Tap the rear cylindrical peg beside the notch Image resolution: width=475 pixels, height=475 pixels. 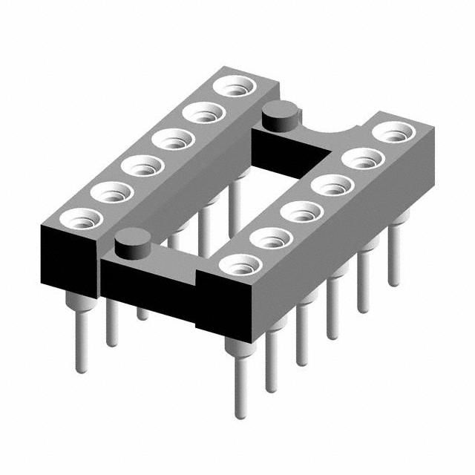(281, 114)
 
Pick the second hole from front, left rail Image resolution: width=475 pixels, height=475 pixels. (111, 191)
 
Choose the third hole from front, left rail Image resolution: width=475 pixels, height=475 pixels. (142, 165)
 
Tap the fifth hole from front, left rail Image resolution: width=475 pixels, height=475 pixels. (204, 113)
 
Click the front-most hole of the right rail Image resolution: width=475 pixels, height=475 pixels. (240, 264)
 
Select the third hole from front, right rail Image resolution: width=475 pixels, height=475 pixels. (301, 212)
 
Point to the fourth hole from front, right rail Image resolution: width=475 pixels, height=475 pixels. (332, 185)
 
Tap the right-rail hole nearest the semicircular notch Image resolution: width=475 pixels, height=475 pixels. (393, 133)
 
